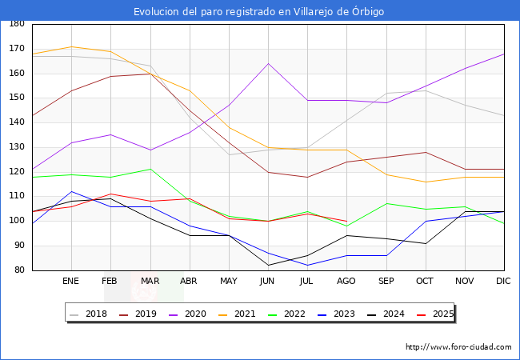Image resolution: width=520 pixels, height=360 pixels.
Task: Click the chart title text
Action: pyautogui.click(x=259, y=11)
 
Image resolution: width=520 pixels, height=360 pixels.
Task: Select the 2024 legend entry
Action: pyautogui.click(x=389, y=314)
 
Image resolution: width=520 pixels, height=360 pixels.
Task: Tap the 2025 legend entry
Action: pyautogui.click(x=438, y=314)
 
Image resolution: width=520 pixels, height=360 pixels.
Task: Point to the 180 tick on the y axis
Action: pyautogui.click(x=16, y=24)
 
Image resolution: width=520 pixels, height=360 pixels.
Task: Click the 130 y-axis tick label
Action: pyautogui.click(x=16, y=147)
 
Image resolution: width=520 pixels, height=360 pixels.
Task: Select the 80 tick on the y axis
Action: pyautogui.click(x=18, y=270)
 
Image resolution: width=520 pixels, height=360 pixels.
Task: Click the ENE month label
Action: pyautogui.click(x=71, y=282)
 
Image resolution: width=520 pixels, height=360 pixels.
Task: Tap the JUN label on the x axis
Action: pyautogui.click(x=268, y=282)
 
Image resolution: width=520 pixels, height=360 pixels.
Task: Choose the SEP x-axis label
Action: pyautogui.click(x=386, y=282)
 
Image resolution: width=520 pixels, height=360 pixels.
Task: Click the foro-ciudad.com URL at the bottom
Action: pyautogui.click(x=458, y=347)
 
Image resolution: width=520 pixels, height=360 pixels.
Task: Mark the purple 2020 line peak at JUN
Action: pyautogui.click(x=268, y=63)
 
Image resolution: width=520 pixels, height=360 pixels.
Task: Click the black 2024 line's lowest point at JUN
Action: pyautogui.click(x=268, y=265)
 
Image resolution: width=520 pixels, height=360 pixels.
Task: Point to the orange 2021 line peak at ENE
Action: pyautogui.click(x=71, y=46)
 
